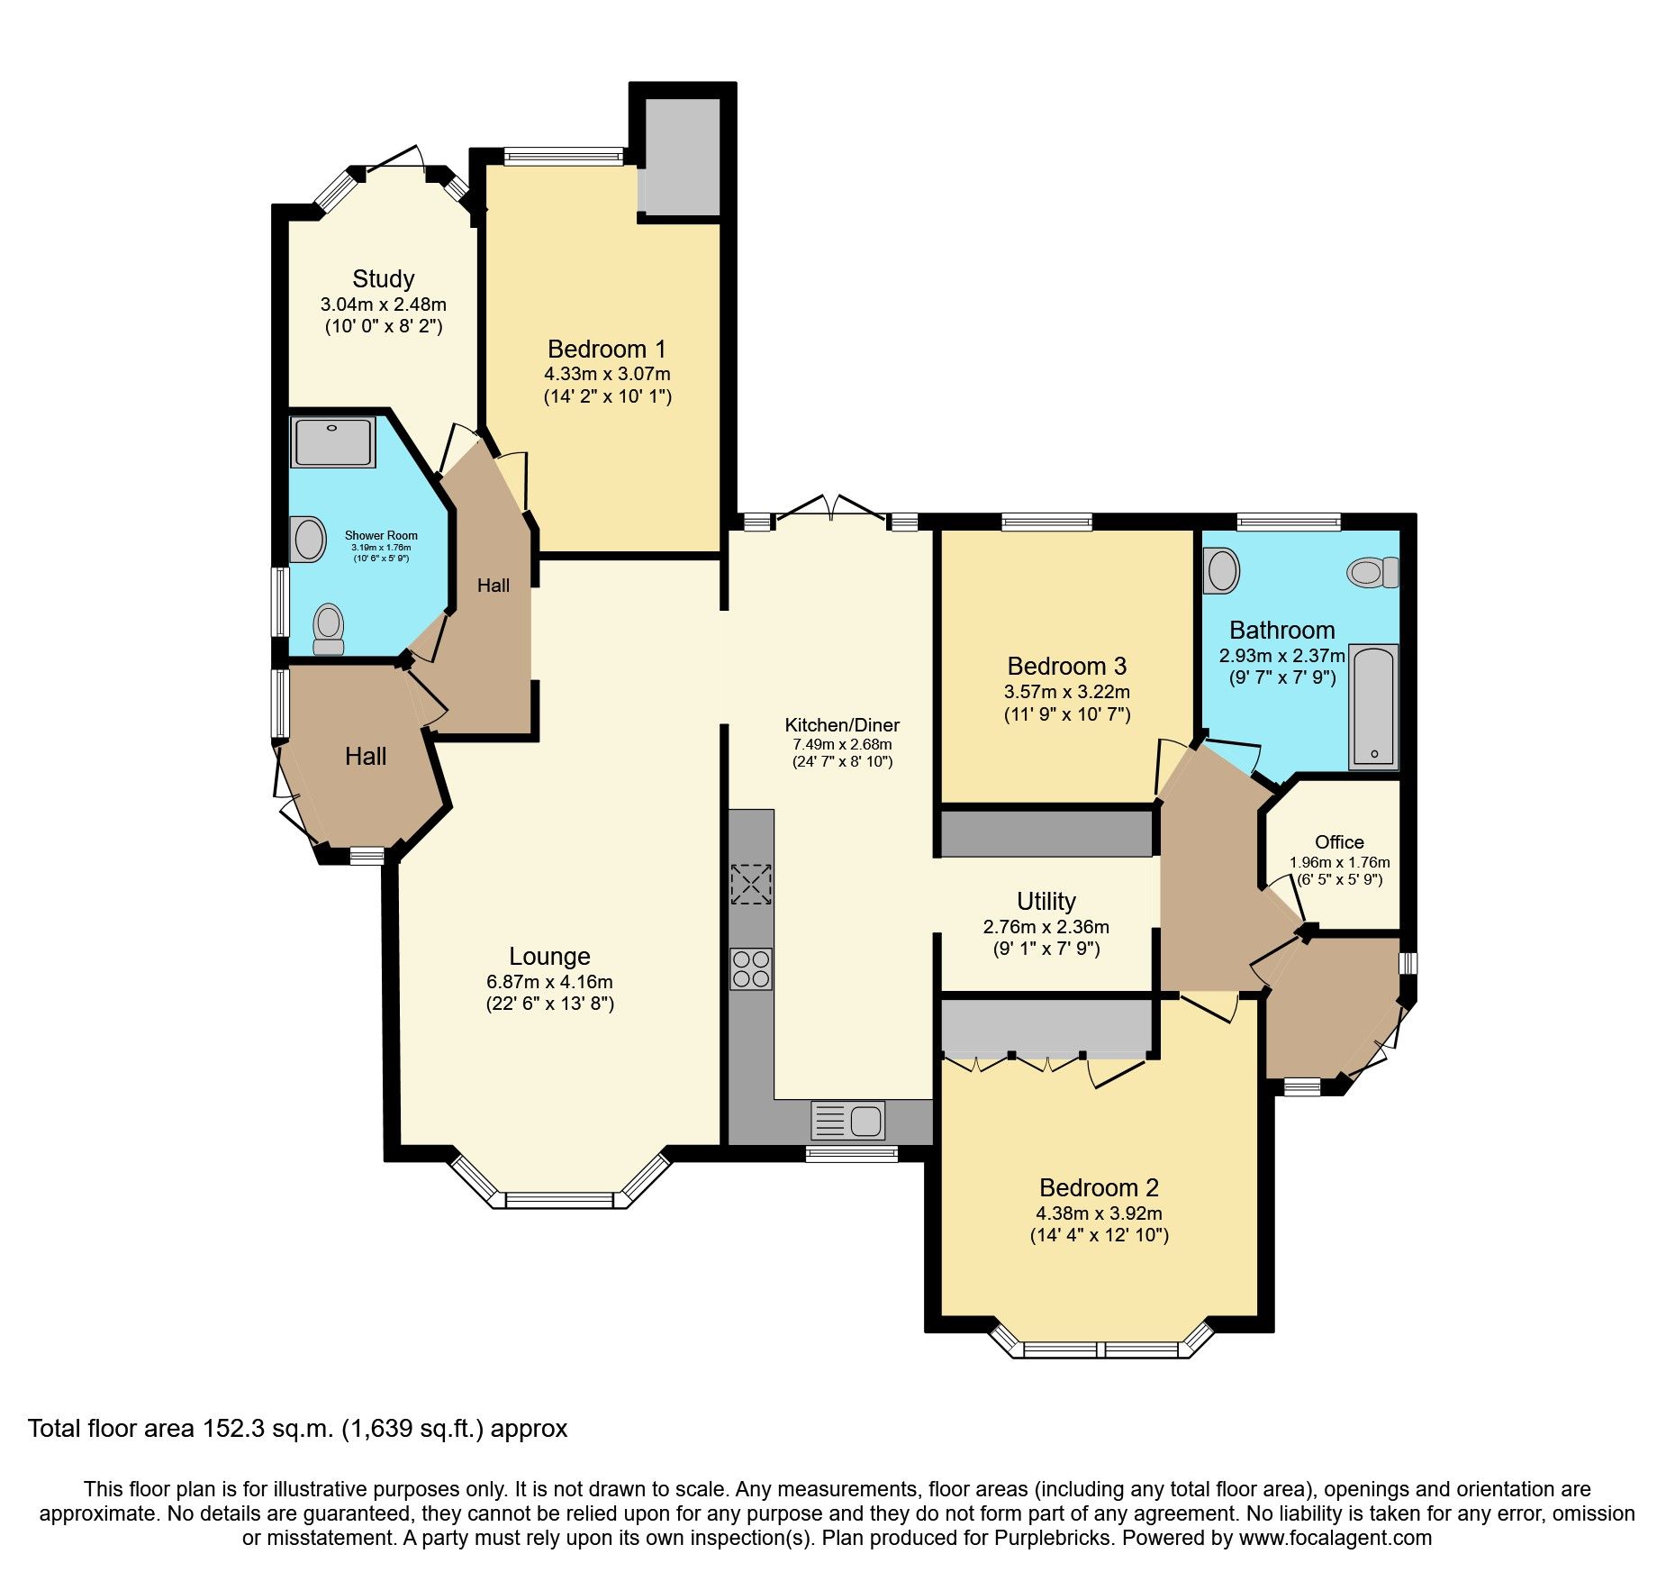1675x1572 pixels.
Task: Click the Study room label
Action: (x=384, y=278)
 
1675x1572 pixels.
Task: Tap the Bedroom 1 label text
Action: (x=606, y=349)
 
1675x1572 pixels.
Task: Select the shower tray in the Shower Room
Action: (x=333, y=441)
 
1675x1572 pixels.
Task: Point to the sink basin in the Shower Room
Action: (x=308, y=539)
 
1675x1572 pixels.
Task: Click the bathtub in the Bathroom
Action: (x=1373, y=706)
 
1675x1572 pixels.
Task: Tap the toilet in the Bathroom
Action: (x=1372, y=572)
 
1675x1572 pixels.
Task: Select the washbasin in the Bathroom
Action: (x=1222, y=570)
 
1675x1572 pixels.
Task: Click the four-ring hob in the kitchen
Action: (x=751, y=968)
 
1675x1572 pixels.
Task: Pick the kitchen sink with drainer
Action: (x=848, y=1121)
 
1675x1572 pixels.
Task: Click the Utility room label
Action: (x=1046, y=901)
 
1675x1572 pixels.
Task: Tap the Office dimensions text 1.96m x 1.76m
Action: (x=1339, y=862)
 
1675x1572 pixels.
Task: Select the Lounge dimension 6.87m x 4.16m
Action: (x=549, y=981)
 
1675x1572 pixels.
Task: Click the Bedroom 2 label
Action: (x=1099, y=1187)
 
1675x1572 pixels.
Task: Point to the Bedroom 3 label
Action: (x=1066, y=666)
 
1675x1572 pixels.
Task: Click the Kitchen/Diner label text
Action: (x=842, y=725)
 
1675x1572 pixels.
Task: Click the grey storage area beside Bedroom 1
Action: (x=683, y=157)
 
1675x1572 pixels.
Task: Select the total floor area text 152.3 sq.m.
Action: (x=297, y=1428)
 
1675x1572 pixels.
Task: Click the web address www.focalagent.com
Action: (x=1335, y=1537)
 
